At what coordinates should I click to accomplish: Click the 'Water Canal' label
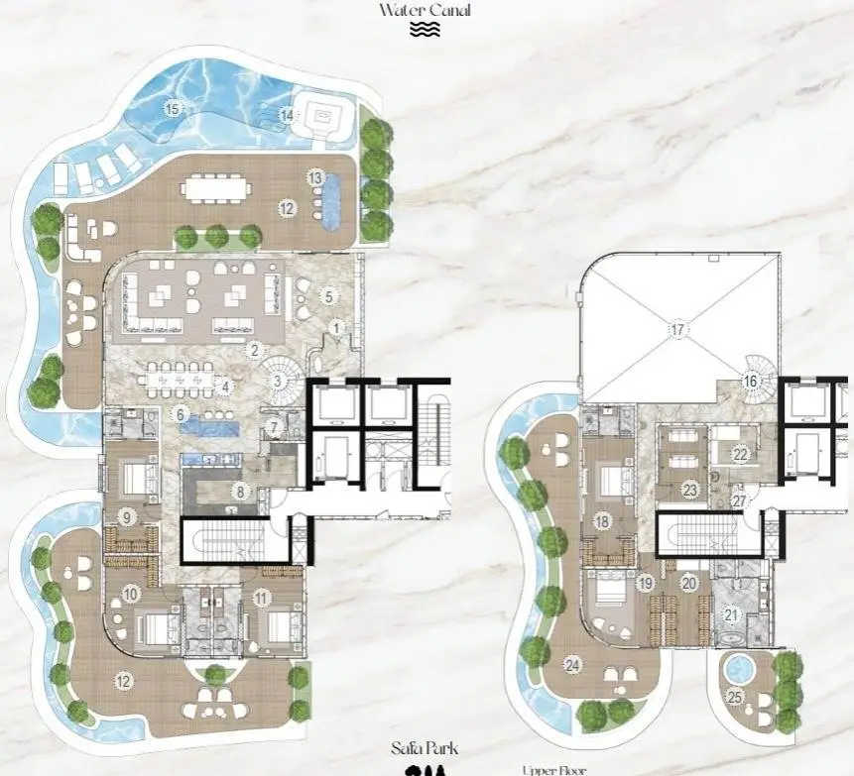pos(425,10)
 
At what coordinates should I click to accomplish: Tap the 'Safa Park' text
pos(425,748)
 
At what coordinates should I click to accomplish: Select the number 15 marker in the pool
pos(173,109)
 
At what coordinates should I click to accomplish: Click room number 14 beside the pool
pos(287,115)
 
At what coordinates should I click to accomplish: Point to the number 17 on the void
pos(677,330)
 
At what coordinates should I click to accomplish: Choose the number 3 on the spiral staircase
pos(278,381)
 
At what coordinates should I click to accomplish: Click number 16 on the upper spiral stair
pos(751,381)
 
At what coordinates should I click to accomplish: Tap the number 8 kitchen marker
pos(240,492)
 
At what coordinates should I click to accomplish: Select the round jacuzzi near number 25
pos(739,669)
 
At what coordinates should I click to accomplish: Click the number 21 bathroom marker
pos(731,614)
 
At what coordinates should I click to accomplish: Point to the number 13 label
pos(315,177)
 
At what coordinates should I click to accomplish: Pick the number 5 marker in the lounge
pos(328,296)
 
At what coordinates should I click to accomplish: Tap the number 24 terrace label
pos(572,664)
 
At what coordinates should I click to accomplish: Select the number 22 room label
pos(740,454)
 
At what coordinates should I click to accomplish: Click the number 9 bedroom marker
pos(127,517)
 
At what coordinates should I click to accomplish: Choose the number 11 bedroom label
pos(262,599)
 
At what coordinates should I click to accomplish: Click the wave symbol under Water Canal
pos(425,30)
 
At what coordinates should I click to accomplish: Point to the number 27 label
pos(739,500)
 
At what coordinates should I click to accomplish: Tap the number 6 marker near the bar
pos(181,414)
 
